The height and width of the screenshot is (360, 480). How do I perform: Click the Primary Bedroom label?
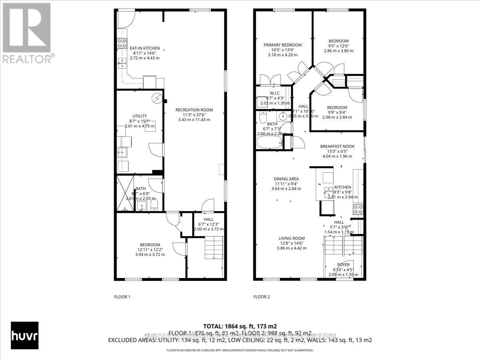click(x=282, y=45)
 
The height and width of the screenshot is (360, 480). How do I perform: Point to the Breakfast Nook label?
click(x=337, y=146)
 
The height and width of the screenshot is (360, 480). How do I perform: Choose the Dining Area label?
click(x=286, y=179)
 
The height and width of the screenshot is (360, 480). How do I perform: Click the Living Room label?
click(x=292, y=238)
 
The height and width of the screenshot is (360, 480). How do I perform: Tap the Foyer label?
click(x=343, y=265)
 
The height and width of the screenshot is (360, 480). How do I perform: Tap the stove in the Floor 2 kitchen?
click(x=358, y=209)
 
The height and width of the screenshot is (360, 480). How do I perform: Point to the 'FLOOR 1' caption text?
click(x=122, y=297)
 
